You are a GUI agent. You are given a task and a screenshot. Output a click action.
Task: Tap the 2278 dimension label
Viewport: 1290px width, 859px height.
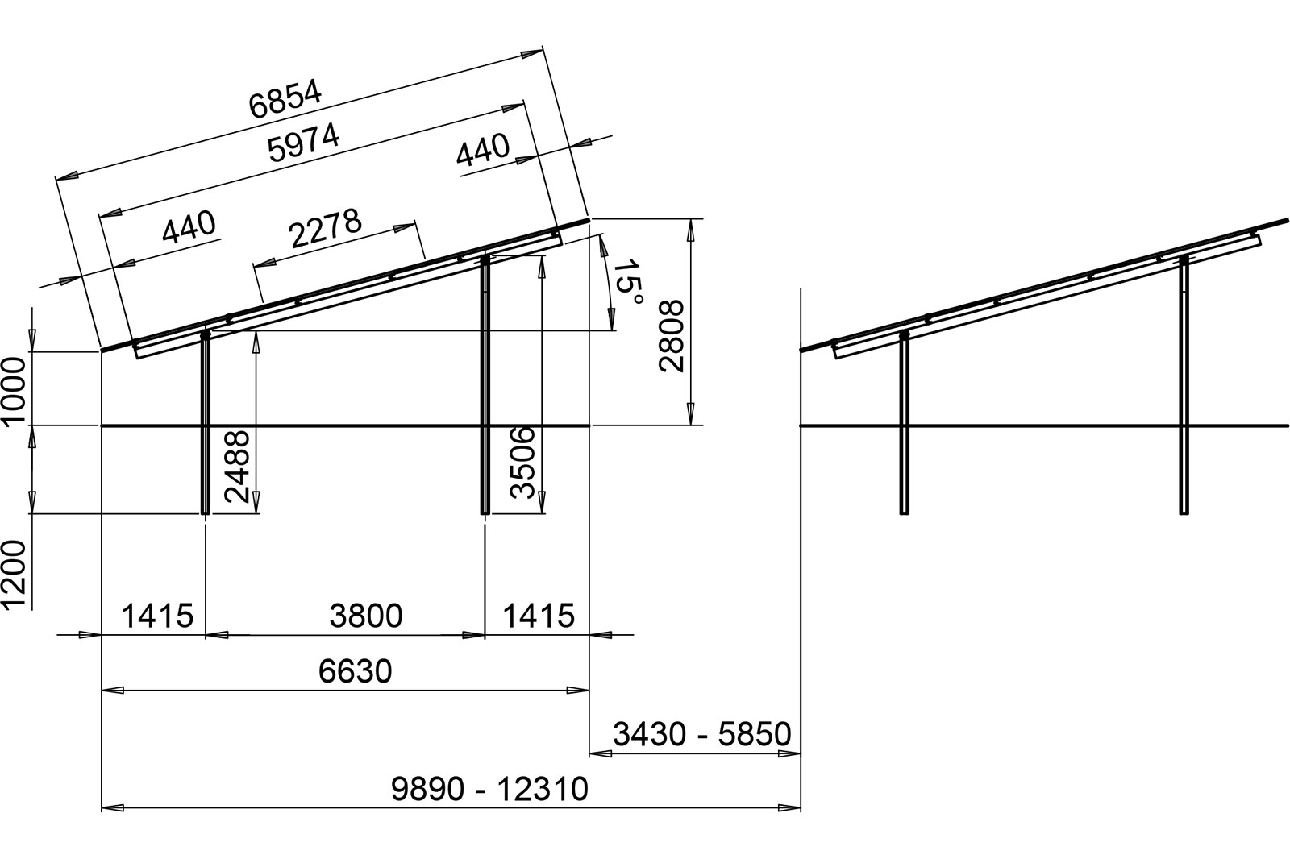pyautogui.click(x=326, y=228)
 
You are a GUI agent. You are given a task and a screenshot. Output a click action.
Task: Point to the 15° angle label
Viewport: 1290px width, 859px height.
pyautogui.click(x=626, y=283)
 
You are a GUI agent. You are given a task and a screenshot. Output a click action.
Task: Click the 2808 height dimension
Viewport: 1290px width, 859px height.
pyautogui.click(x=672, y=336)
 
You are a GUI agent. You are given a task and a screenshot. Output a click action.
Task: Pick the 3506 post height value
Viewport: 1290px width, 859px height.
pyautogui.click(x=523, y=463)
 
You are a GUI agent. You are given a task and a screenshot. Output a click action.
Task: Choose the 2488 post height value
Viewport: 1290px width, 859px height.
pyautogui.click(x=237, y=467)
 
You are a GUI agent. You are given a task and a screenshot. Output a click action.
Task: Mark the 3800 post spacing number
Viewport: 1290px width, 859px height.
pyautogui.click(x=366, y=616)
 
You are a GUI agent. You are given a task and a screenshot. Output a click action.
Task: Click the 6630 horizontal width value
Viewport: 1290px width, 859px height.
pyautogui.click(x=356, y=671)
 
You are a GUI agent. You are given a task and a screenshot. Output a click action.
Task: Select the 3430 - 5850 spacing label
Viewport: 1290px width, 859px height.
pyautogui.click(x=702, y=734)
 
